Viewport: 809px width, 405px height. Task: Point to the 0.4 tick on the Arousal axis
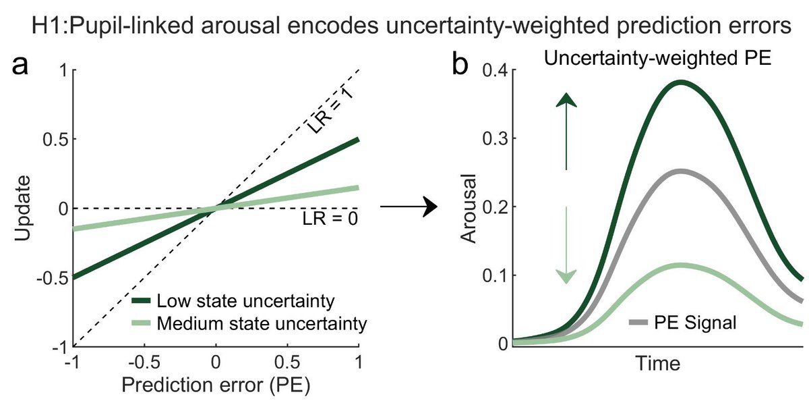coord(496,70)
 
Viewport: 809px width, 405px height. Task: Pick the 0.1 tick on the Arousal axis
coord(496,275)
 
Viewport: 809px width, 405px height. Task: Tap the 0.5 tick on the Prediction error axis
coord(287,362)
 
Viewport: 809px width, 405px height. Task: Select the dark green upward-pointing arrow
coord(568,132)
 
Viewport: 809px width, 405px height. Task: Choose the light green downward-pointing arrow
coord(568,244)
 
